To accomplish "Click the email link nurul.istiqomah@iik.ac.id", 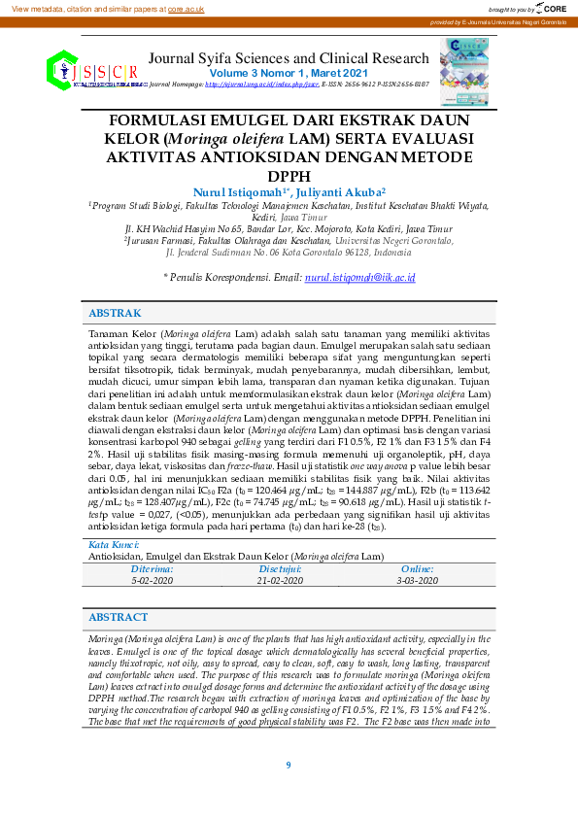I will point(359,278).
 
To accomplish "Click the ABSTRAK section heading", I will point(115,314).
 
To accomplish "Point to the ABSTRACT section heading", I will point(118,618).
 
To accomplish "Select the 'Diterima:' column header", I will point(153,569).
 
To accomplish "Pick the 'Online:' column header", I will point(418,569).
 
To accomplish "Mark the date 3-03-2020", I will point(418,580).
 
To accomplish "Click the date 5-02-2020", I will point(153,580).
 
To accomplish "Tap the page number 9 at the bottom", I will point(289,766).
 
